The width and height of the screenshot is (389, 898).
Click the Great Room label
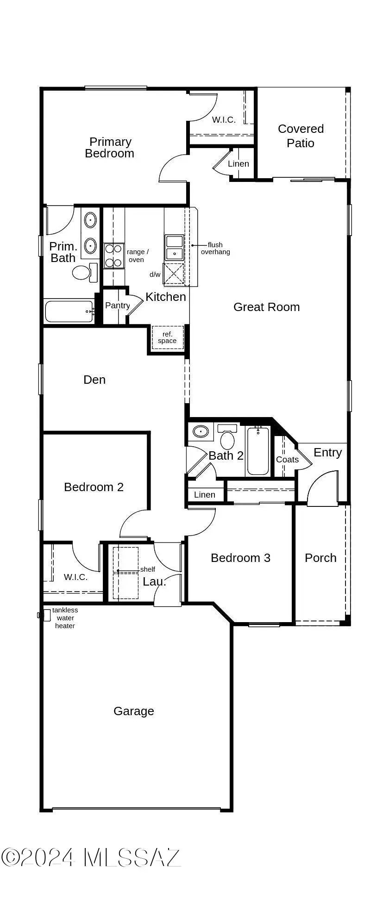coord(266,307)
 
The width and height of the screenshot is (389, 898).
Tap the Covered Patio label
coord(301,136)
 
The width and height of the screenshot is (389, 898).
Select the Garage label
coord(133,711)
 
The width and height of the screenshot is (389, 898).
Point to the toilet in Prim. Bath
coord(82,272)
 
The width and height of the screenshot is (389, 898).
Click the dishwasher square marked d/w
coord(173,274)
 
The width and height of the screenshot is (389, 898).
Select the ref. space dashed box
coord(167,337)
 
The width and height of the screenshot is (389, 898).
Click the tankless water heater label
coord(65,618)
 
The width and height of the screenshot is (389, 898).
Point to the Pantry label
coord(117,306)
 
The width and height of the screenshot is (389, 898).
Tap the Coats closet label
coord(287,460)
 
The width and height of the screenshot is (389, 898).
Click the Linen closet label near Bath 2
coord(204,495)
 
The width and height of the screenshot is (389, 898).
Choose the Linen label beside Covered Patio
coord(238,164)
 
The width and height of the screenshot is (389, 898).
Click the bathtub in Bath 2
coord(257,451)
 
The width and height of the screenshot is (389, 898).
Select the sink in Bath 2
coord(201,432)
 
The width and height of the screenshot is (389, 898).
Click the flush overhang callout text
coord(215,249)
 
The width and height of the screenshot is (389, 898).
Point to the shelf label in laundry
coord(147,569)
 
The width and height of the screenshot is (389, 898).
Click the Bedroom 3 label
coord(240,558)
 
